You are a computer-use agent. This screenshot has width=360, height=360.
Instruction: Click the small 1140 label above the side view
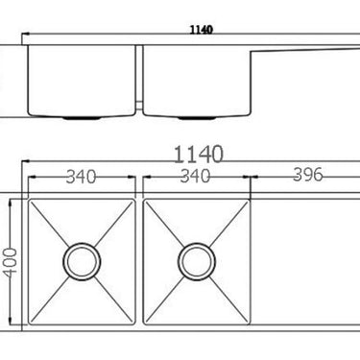201,30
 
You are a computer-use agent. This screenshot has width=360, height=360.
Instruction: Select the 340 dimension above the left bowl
82,176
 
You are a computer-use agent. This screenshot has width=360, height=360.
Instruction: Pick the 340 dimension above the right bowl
196,176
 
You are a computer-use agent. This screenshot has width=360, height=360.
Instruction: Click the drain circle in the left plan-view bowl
82,258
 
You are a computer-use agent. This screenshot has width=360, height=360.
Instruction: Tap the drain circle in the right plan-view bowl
196,258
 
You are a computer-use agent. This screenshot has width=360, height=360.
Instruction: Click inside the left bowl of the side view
82,82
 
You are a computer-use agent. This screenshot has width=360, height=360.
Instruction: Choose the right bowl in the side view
197,82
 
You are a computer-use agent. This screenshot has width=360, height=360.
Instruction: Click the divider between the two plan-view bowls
139,259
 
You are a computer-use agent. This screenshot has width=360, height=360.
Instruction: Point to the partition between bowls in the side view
139,77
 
